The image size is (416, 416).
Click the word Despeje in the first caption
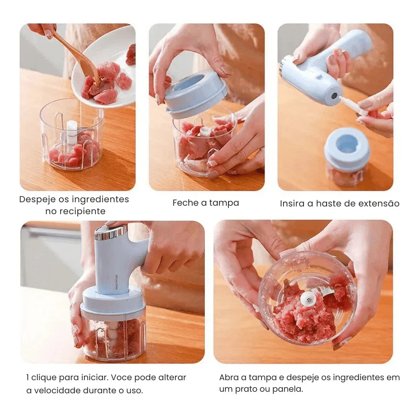[37, 200]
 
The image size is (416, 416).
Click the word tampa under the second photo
[224, 203]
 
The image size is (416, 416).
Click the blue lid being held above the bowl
[196, 96]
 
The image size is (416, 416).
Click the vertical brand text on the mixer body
[117, 282]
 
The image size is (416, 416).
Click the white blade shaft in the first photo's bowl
[72, 133]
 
